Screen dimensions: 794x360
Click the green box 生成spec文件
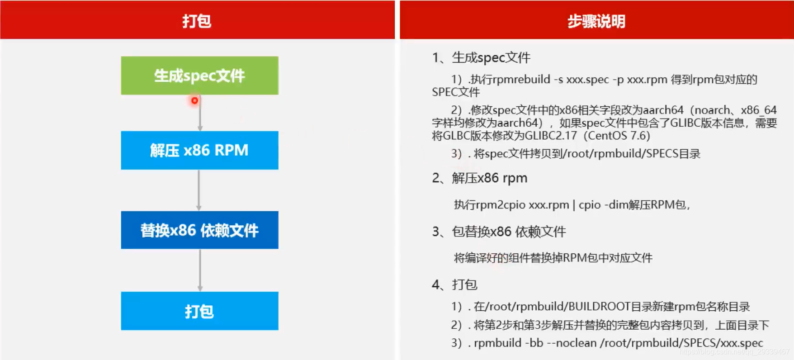[199, 76]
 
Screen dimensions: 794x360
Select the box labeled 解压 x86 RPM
[199, 150]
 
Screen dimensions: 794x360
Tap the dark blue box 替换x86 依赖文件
[199, 230]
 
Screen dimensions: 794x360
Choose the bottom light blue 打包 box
[199, 311]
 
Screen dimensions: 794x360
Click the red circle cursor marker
[194, 100]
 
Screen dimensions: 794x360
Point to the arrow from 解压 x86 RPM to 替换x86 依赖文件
[199, 190]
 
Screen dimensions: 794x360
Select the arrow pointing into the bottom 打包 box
[200, 270]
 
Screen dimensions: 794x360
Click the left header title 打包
[197, 21]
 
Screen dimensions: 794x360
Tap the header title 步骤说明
[596, 21]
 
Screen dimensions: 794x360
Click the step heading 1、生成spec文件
[481, 58]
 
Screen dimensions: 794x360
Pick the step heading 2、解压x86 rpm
[480, 178]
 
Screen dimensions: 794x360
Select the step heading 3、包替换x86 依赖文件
[499, 232]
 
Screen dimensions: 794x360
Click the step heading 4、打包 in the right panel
[454, 284]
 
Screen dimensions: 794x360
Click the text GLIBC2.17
[551, 136]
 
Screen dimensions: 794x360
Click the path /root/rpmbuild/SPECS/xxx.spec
[681, 343]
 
